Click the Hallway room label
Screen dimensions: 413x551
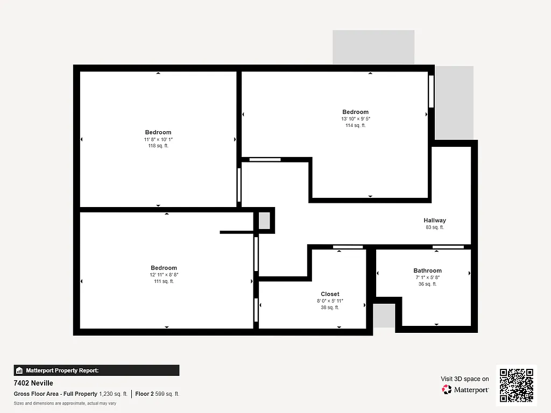434,220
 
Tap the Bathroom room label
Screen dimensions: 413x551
427,270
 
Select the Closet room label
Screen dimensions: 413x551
330,294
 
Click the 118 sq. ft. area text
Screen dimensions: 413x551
158,146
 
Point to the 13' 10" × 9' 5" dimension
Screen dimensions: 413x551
355,119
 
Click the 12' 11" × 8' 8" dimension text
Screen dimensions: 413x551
164,275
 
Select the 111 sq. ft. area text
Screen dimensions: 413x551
164,281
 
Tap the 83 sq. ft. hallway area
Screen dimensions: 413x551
434,227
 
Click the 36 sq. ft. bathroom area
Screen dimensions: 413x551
427,284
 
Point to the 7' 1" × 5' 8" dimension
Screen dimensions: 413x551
427,277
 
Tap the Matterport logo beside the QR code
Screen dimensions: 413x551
466,389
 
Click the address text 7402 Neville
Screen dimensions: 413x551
33,383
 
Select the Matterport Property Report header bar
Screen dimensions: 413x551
96,371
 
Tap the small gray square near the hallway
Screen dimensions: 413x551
264,221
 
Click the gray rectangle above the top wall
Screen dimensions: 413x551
373,47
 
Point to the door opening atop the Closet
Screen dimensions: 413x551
348,247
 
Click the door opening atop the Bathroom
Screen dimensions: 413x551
448,247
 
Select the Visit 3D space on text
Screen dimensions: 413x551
465,379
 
